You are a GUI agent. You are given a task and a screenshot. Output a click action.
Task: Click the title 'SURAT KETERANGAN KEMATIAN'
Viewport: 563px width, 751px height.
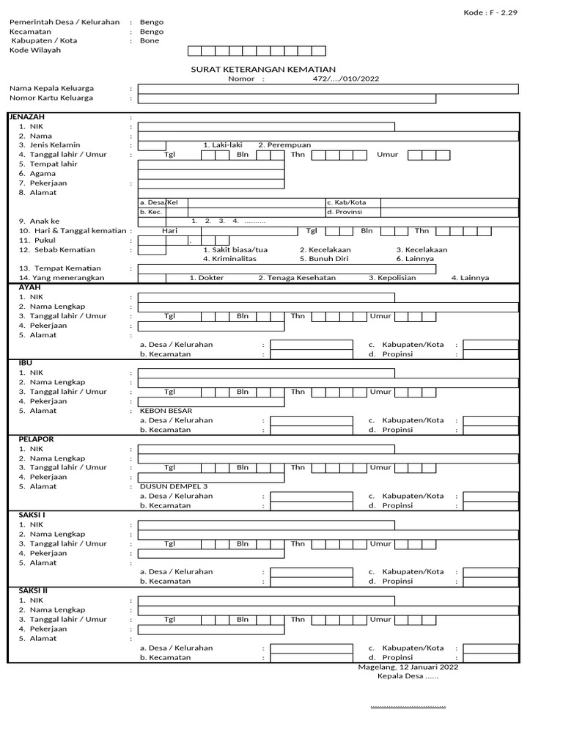coord(263,69)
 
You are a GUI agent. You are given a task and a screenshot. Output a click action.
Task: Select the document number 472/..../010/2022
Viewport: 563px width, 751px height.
coord(346,78)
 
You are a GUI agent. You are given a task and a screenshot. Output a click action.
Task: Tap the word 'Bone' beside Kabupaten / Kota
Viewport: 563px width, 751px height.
coord(149,41)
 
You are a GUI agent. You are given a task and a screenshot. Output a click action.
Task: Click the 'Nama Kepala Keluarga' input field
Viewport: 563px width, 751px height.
coord(328,89)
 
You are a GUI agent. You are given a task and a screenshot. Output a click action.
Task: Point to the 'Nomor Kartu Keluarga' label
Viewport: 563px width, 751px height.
coord(51,98)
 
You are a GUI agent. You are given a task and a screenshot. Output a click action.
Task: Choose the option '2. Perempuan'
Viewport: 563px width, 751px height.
coord(284,145)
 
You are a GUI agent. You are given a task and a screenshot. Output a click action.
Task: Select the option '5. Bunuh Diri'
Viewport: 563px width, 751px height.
coord(323,259)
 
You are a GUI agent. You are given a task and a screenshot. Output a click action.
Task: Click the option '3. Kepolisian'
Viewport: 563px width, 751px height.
coord(392,278)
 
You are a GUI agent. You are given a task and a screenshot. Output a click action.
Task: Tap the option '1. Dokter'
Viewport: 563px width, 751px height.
coord(207,278)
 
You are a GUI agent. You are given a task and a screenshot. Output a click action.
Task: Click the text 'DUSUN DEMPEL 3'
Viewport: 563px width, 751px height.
coord(174,486)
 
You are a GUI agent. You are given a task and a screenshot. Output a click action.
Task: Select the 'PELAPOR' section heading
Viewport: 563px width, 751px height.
coord(36,439)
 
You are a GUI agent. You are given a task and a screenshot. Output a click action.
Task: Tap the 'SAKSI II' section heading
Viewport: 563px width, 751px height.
coord(33,590)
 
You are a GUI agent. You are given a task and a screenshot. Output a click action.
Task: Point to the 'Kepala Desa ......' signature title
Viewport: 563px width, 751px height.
coord(408,677)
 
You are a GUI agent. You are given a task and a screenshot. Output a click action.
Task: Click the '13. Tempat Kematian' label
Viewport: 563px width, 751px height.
coord(60,268)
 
